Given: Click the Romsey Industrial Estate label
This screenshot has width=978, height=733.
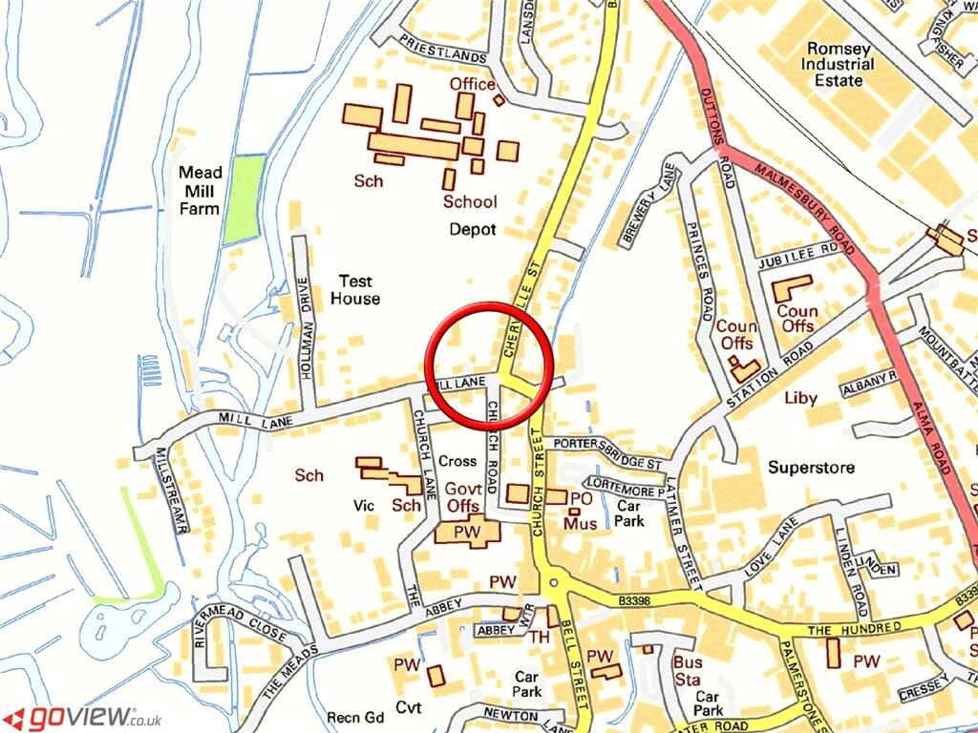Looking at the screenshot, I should click(x=838, y=65).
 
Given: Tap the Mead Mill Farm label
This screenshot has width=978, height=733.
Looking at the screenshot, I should click(x=201, y=190).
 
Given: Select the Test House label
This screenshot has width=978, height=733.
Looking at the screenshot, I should click(x=354, y=290).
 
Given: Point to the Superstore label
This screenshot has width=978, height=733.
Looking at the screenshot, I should click(x=811, y=468).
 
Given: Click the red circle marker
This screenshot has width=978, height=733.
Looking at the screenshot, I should click(x=491, y=366).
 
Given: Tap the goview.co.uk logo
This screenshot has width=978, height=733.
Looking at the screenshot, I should click(x=82, y=717).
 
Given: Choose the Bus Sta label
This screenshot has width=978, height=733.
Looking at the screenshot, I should click(x=687, y=669).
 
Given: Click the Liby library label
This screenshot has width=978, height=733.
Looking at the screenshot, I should click(x=801, y=398).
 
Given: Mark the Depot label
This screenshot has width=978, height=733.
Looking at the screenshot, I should click(x=473, y=230).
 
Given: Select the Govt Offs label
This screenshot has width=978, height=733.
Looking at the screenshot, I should click(x=462, y=497).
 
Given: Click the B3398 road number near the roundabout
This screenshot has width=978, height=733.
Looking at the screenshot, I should click(x=632, y=599).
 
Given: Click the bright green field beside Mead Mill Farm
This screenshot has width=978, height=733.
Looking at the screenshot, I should click(x=243, y=198).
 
